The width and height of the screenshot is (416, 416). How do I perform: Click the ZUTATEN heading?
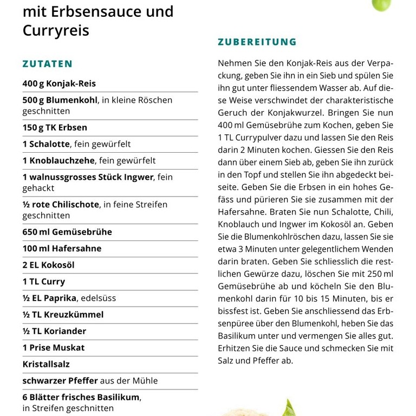[47, 64]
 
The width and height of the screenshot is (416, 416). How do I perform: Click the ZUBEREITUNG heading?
[257, 42]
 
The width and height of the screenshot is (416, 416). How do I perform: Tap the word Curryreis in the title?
[56, 30]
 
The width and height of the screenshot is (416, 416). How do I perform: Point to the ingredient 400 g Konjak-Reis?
[59, 83]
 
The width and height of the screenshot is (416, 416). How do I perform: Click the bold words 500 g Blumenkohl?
[60, 100]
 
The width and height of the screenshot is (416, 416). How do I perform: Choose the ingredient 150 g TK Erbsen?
[55, 128]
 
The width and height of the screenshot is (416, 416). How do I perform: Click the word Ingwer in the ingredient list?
[138, 177]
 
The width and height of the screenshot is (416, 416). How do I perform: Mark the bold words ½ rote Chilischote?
[61, 205]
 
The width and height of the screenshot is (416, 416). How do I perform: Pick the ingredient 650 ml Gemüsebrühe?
[67, 232]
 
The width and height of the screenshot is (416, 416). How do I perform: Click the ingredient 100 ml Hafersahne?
[62, 249]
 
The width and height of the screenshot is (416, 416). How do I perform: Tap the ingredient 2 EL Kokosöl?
[48, 265]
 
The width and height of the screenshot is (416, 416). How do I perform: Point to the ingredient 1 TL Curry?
[44, 282]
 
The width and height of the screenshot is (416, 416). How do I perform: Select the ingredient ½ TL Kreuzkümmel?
[63, 315]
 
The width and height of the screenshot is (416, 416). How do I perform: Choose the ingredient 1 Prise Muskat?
[54, 348]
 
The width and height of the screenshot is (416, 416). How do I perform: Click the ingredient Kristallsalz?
[46, 364]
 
